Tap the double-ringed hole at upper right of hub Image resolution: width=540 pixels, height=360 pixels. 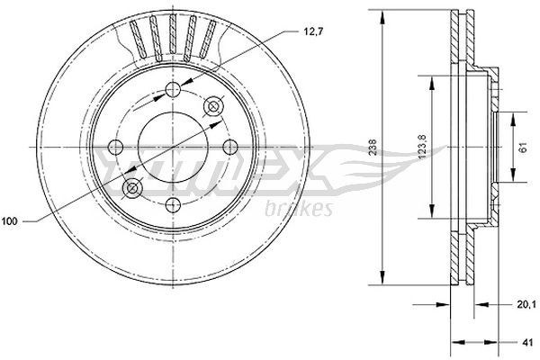pyautogui.click(x=214, y=107)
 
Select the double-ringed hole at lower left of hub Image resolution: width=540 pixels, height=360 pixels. pyautogui.click(x=134, y=188)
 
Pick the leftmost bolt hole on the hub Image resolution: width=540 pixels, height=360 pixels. pyautogui.click(x=114, y=148)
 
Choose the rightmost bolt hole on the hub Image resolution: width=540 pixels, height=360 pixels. pyautogui.click(x=229, y=147)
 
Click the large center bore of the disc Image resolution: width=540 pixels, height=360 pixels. pyautogui.click(x=172, y=147)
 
